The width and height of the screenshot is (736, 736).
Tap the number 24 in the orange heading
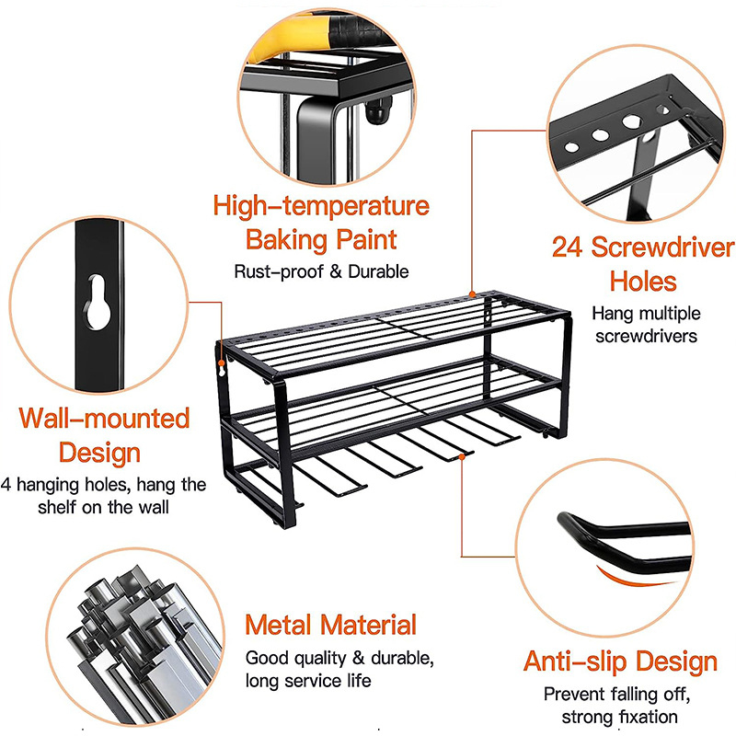pos(567,247)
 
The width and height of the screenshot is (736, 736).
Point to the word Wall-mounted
pos(104,418)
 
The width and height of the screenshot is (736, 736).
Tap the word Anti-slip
pos(576,661)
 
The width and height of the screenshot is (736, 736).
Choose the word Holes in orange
pos(643,282)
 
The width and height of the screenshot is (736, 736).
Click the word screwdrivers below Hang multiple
pos(647,336)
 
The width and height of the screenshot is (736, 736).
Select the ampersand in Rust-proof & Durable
pos(336,272)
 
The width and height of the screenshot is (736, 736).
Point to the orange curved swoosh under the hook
pos(629,579)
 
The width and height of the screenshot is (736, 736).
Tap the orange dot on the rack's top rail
pos(472,294)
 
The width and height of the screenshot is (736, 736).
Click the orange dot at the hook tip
pos(463,455)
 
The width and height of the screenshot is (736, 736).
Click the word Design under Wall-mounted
pos(99,453)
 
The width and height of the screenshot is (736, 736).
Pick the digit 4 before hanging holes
pos(6,485)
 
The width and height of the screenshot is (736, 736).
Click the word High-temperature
pos(321,206)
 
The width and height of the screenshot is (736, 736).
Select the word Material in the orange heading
pos(369,626)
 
